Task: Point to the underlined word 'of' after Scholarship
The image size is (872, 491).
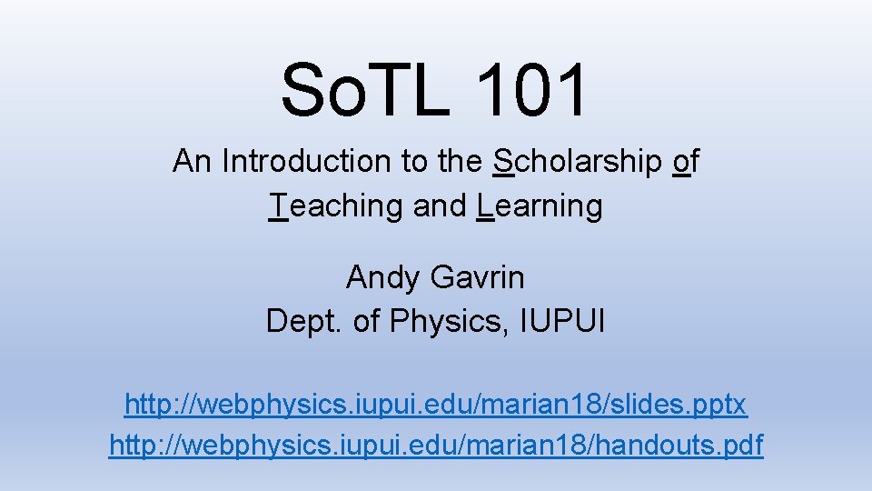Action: (x=686, y=162)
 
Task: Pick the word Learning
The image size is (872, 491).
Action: (x=540, y=206)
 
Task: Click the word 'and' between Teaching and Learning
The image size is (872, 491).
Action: (x=440, y=206)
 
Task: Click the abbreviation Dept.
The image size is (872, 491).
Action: (x=300, y=321)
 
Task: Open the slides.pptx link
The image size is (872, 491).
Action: (x=436, y=403)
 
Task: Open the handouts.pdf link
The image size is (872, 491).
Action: (x=436, y=446)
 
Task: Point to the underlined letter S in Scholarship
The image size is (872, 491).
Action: (x=502, y=162)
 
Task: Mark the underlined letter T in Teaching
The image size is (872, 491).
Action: (x=279, y=206)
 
